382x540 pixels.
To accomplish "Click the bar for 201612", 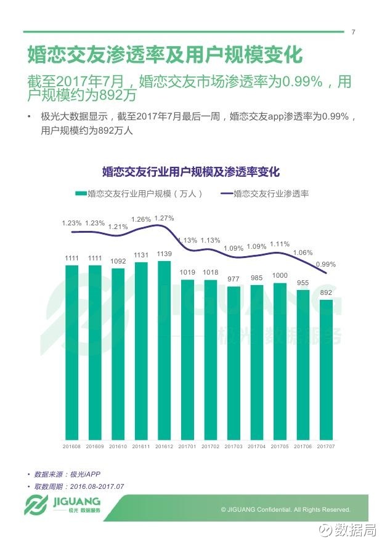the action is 165,350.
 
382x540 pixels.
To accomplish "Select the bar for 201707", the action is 326,370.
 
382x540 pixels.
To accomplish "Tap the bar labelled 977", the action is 234,363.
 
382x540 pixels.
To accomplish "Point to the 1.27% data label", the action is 164,218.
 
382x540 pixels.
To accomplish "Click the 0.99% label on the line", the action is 326,264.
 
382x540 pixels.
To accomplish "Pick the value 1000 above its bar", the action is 280,275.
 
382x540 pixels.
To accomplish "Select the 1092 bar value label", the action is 118,261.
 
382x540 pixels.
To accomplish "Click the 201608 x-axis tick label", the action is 71,446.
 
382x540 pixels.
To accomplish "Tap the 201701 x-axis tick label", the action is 187,446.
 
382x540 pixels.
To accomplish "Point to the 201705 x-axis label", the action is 280,446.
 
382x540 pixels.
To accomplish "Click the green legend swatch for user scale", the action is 81,193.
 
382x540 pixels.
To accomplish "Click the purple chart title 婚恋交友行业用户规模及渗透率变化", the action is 191,172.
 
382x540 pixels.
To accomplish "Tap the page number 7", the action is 353,32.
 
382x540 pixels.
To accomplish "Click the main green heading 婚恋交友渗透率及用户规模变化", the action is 165,54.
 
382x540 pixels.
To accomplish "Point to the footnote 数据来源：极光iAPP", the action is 67,474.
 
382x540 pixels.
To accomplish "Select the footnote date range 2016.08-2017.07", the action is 97,486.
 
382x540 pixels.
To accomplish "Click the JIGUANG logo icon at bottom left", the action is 36,505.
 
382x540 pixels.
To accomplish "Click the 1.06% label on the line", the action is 303,252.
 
